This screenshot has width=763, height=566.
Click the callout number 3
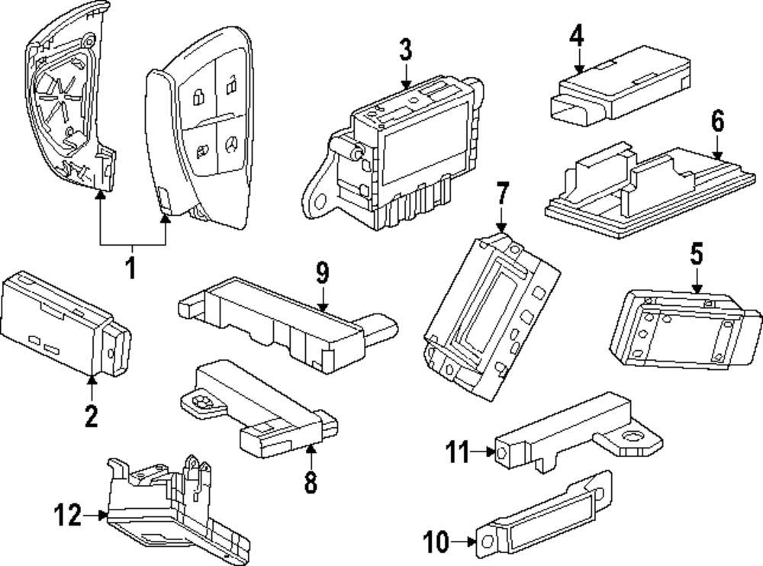pos(405,50)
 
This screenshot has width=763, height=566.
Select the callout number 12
pos(67,514)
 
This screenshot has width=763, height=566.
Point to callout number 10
pos(436,541)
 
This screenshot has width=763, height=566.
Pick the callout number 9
pos(322,272)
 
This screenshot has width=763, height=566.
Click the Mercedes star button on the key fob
pos(231,144)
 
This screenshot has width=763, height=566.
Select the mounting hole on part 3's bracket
pos(320,200)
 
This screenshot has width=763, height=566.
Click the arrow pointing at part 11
pos(483,452)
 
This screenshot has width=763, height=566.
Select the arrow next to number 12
pos(95,514)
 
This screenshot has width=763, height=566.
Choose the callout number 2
pos(91,416)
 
